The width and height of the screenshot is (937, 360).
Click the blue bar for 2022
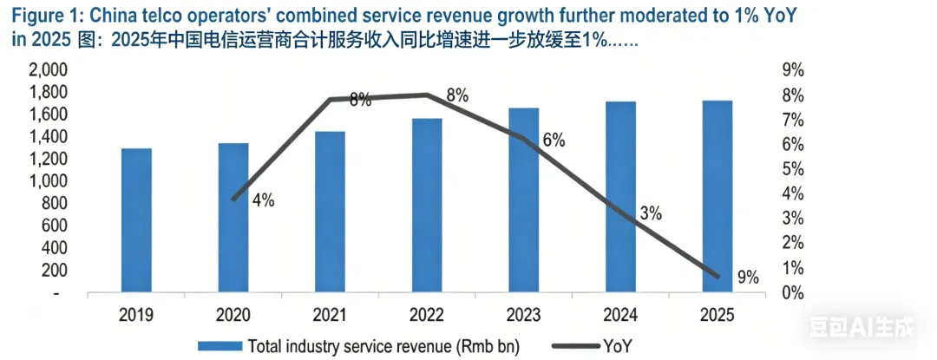point(427,206)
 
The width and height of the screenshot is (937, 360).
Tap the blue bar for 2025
point(717,197)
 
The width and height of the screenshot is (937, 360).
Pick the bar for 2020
point(233,218)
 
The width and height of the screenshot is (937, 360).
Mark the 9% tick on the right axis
point(791,70)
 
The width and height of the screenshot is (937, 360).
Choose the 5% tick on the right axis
point(791,169)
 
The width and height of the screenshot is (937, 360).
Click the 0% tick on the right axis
point(791,293)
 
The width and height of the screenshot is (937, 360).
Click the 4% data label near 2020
point(262,200)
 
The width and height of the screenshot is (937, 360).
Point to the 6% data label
point(554,141)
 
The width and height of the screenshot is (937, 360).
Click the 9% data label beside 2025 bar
point(747,278)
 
